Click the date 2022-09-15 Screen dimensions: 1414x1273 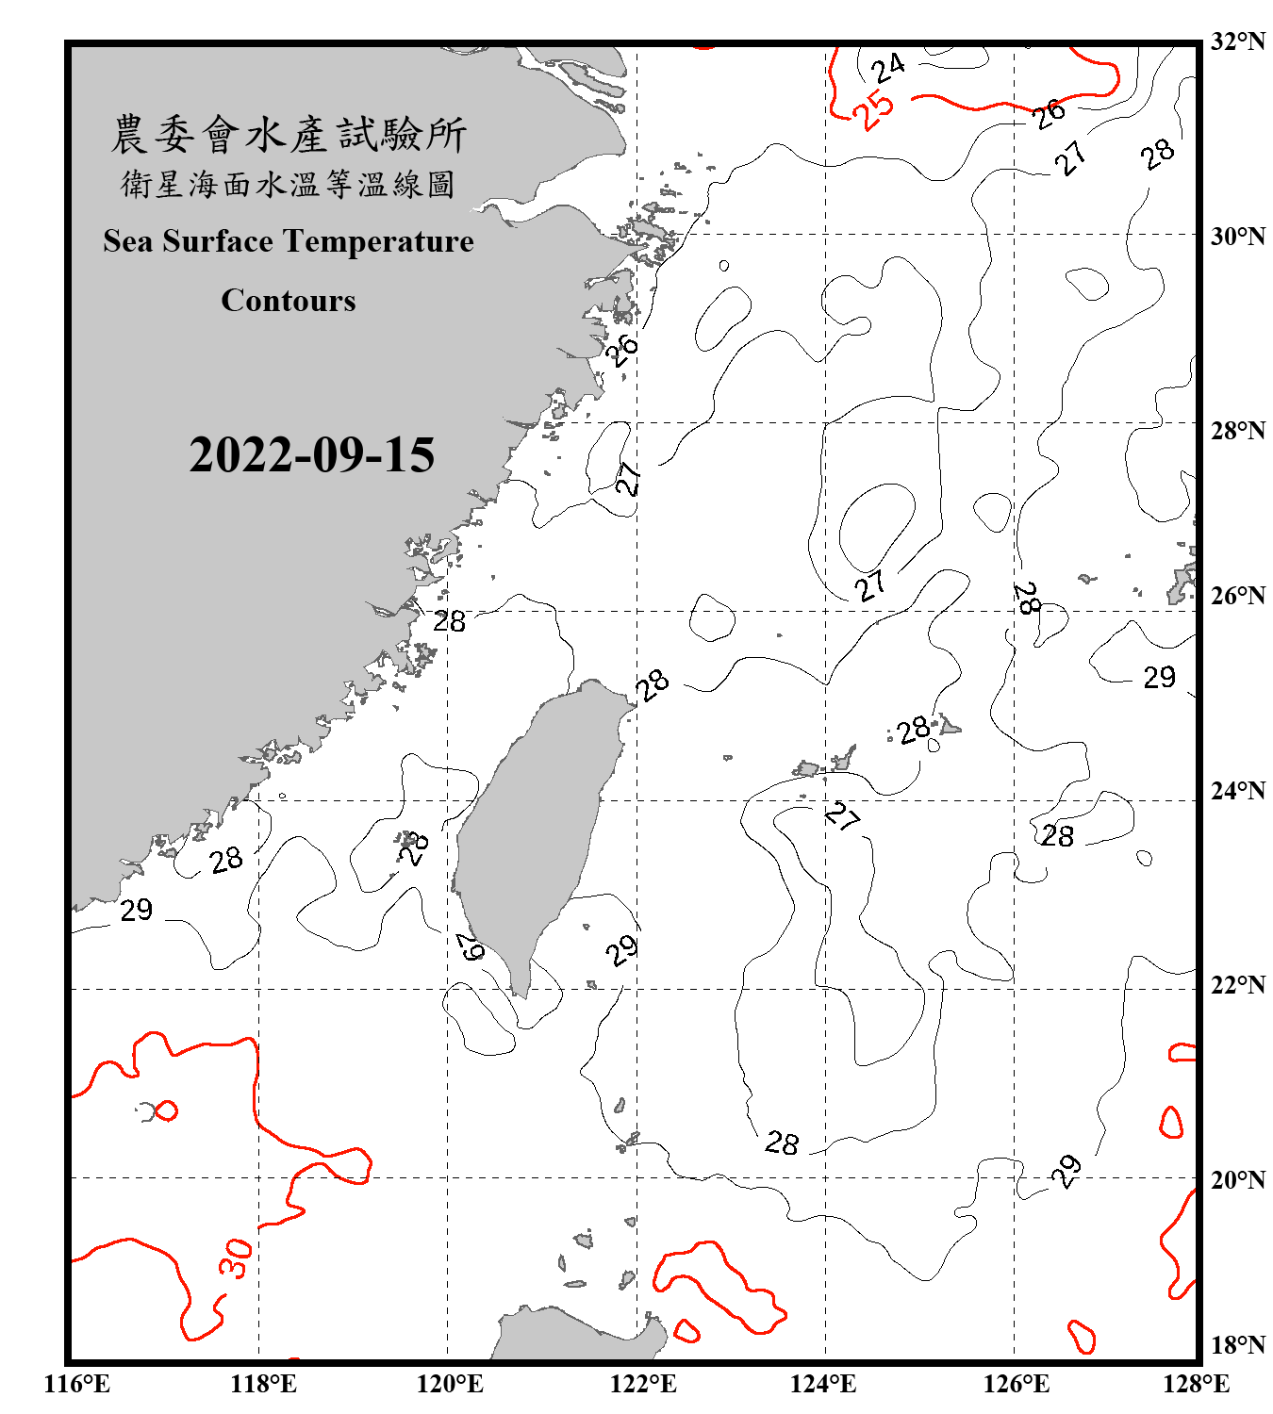coord(311,455)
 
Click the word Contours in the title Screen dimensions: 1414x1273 coord(289,301)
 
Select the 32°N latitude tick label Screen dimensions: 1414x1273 coord(1237,41)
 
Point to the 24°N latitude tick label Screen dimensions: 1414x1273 coord(1237,791)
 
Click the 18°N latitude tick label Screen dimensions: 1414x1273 coord(1237,1345)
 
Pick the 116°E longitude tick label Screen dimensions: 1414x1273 coord(77,1384)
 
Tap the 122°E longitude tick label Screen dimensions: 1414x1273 coord(643,1384)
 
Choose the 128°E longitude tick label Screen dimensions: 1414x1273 coord(1196,1384)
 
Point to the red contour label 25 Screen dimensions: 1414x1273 coord(873,109)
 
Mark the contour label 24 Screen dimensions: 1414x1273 coord(887,68)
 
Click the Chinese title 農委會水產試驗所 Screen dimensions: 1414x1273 coord(289,134)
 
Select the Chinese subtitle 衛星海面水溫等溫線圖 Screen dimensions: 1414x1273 coord(289,184)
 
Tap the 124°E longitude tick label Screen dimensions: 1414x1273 coord(823,1384)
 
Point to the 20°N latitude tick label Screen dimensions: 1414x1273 coord(1237,1179)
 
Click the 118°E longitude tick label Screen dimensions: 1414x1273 coord(263,1384)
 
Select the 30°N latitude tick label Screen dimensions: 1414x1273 coord(1237,236)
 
